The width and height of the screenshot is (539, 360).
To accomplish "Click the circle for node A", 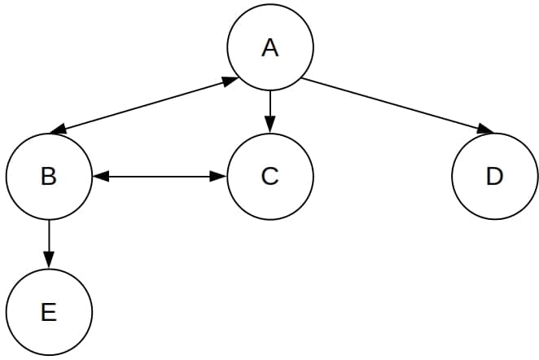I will tap(270, 48).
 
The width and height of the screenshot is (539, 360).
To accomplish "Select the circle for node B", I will tap(49, 176).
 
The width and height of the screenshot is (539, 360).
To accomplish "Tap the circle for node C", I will tap(270, 176).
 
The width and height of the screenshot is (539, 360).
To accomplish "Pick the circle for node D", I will tap(494, 176).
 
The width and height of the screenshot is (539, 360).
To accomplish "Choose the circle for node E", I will tap(49, 312).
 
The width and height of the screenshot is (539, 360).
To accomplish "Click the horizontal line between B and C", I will tap(160, 176).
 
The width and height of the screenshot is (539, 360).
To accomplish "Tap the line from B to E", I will tap(49, 239).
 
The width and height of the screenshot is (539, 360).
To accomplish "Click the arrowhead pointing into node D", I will tap(485, 130).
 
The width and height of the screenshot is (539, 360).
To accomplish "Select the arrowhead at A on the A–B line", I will tap(229, 81).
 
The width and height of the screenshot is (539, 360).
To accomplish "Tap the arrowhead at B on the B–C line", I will tap(100, 176).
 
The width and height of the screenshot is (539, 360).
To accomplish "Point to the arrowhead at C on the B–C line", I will tap(219, 176).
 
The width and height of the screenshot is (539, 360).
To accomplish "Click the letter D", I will tap(494, 176).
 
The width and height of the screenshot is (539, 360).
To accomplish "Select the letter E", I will tap(49, 312).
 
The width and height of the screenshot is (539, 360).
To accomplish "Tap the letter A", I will tap(270, 48).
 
